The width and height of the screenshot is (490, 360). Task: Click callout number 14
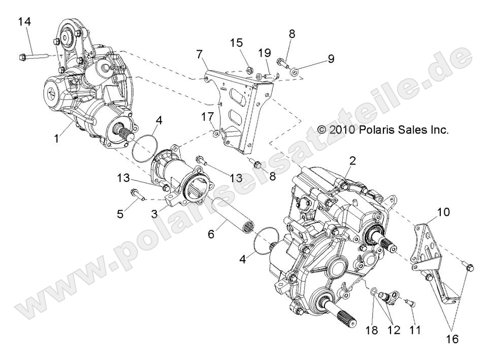point(24,21)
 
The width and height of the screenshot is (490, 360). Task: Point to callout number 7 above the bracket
point(199,53)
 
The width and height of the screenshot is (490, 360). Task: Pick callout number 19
point(264,52)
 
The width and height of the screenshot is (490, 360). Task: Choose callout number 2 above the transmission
point(352,161)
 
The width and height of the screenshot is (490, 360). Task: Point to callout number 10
point(443,212)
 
